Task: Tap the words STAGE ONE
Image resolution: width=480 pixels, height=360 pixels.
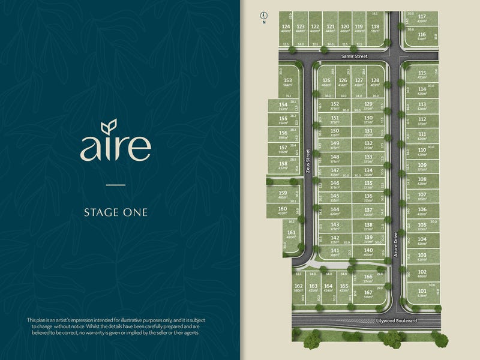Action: point(115,212)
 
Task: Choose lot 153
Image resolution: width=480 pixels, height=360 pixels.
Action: point(288,82)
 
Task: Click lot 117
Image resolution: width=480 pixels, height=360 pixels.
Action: point(422,18)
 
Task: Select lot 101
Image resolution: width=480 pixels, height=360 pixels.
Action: point(422,293)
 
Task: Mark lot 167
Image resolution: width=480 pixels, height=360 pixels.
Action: point(368,294)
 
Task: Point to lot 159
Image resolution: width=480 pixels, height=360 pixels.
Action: point(283,194)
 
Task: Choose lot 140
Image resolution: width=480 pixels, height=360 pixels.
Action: point(368,252)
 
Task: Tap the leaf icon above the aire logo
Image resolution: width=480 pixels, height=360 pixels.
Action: point(109,127)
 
